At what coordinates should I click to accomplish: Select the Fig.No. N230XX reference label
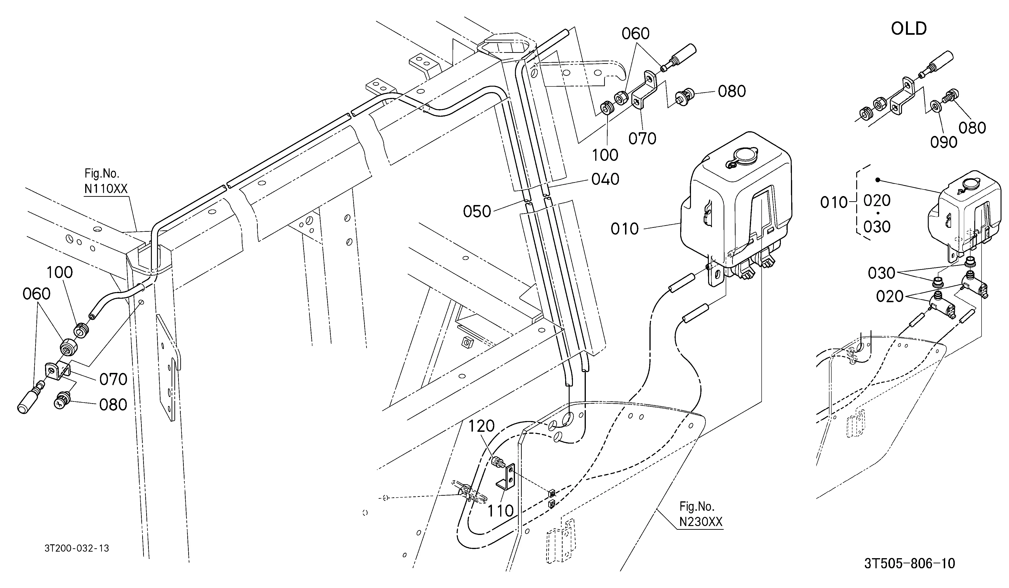coord(701,514)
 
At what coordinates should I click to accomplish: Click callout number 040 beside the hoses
coord(605,179)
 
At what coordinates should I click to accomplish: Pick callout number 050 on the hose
coord(477,212)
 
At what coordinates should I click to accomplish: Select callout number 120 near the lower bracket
coord(482,426)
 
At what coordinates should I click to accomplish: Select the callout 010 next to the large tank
coord(625,229)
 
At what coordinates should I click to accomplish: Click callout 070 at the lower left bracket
coord(113,379)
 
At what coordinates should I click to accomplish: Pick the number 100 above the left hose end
coord(60,272)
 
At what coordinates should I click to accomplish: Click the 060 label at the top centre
coord(635,34)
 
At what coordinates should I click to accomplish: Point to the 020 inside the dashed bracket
coord(877,200)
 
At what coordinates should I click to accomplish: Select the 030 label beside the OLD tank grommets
coord(881,273)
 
